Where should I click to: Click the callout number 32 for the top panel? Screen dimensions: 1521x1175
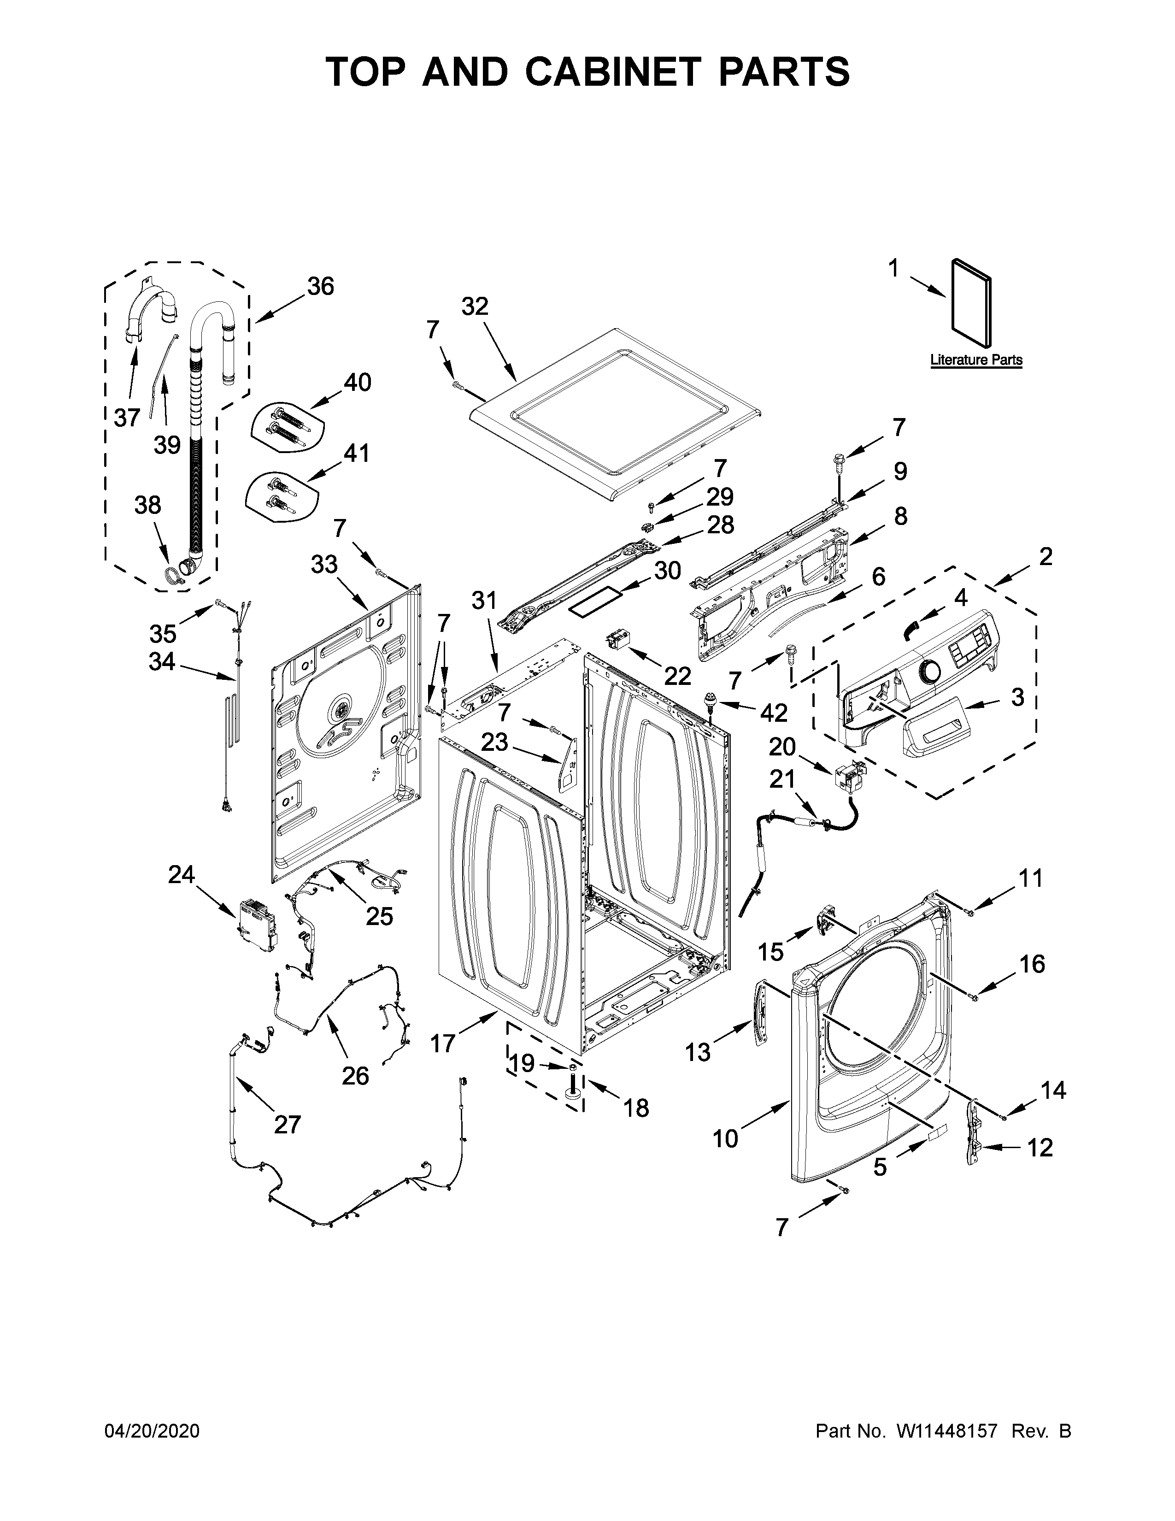pos(475,307)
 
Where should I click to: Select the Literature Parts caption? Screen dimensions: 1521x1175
pos(976,360)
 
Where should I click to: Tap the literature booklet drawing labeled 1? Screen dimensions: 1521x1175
pos(970,302)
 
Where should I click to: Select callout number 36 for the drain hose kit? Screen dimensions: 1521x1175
pos(320,286)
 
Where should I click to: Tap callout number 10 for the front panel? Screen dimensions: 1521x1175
pos(725,1138)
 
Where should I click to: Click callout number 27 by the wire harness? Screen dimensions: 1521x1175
pos(287,1124)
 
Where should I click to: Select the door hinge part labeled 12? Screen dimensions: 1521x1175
pos(975,1142)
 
